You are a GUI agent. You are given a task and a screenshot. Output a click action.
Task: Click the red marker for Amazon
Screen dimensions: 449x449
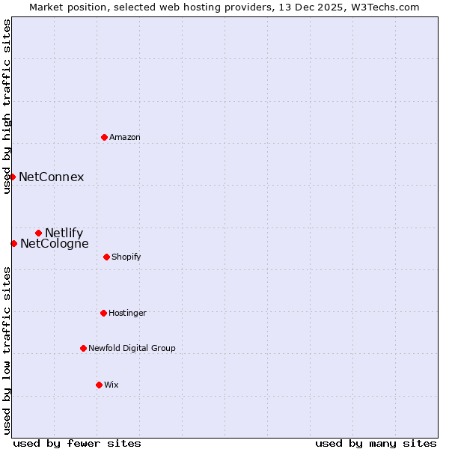click(104, 137)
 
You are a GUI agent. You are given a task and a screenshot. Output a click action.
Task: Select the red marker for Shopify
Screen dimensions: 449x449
click(106, 257)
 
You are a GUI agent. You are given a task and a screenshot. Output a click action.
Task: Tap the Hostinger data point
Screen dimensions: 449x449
click(103, 313)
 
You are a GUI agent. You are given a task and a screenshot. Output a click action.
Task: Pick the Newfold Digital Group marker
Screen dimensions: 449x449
click(83, 348)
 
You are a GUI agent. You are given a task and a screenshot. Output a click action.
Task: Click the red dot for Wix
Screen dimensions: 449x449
click(99, 385)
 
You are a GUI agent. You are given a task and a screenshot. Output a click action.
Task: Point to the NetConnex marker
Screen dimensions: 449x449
click(13, 177)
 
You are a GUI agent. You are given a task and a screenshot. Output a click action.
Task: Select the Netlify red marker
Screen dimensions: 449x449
click(38, 233)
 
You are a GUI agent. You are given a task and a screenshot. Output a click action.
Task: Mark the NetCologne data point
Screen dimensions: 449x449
click(13, 243)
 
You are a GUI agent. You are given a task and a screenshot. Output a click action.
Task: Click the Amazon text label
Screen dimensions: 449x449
click(125, 138)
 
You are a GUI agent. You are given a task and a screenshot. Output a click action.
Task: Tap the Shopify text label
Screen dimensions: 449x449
click(126, 257)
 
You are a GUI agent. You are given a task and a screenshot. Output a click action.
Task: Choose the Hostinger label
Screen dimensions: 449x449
click(127, 314)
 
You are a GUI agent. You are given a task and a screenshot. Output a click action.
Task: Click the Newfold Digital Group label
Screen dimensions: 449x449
click(132, 349)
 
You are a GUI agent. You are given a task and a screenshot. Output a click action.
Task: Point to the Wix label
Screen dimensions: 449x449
click(112, 385)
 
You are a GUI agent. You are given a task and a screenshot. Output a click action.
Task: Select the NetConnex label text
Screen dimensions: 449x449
click(52, 177)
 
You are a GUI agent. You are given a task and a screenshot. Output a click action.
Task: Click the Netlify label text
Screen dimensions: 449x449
click(64, 233)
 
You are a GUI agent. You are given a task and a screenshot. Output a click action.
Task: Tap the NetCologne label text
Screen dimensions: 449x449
click(55, 244)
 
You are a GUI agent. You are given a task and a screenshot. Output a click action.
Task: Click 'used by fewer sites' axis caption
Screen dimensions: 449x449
click(77, 443)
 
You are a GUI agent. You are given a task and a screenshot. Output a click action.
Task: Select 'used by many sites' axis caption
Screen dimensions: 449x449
click(376, 443)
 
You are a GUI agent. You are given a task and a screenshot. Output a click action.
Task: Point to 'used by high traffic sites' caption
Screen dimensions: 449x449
click(7, 106)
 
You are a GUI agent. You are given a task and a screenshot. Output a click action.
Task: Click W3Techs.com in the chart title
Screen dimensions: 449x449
click(382, 7)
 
